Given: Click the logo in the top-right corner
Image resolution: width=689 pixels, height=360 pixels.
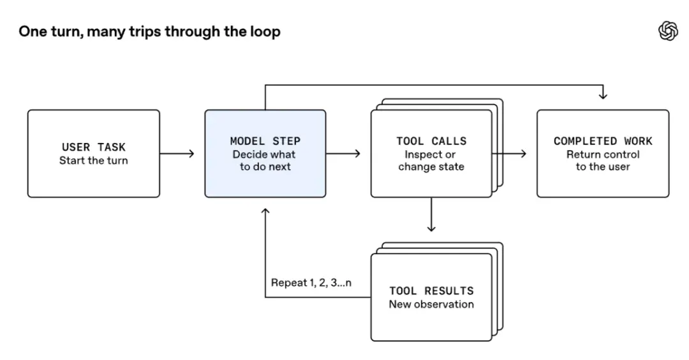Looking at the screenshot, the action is (668, 31).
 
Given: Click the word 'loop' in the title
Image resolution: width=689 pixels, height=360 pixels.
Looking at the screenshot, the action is (265, 32).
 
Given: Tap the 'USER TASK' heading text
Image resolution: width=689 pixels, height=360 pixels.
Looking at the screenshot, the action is (94, 147).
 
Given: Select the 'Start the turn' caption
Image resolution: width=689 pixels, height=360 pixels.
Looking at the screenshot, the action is (94, 160).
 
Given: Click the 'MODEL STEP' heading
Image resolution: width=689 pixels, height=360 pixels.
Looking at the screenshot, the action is (265, 141).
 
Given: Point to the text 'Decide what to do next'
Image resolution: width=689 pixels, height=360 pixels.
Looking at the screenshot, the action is (265, 160).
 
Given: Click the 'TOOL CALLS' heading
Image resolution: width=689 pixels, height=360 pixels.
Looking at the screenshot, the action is (431, 141).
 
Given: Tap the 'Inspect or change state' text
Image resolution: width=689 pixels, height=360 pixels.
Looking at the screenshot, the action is (431, 160).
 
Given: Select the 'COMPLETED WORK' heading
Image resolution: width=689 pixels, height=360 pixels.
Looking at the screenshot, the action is (603, 141).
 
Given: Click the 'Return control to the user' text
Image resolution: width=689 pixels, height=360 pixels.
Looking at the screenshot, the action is (603, 160).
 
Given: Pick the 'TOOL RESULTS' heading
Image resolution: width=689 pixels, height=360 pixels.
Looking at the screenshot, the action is (431, 290).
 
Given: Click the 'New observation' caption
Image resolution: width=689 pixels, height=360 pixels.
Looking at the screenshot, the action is (431, 304).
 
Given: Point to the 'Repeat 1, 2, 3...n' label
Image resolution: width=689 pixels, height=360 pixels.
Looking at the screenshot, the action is (311, 283).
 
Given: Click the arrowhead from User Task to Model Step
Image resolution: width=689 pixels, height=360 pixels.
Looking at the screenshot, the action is (191, 153).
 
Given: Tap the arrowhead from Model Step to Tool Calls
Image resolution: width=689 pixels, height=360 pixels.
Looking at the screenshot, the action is (358, 153).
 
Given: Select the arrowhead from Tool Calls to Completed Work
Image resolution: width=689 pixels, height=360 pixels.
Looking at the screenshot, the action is (523, 153).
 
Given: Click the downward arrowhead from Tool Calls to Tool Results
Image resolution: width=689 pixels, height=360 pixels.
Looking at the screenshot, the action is (431, 229).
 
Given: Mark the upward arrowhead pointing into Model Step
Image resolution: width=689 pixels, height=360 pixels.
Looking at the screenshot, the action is (265, 211).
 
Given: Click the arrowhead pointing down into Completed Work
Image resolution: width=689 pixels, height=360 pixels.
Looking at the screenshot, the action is (603, 96).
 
